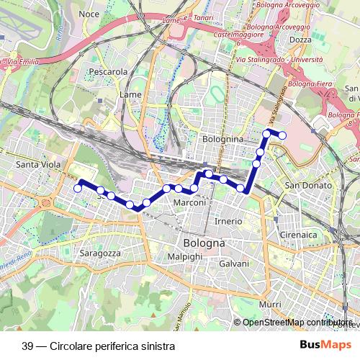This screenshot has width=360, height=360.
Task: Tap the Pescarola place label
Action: coord(108,72)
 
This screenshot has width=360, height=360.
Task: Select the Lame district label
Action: coord(131,94)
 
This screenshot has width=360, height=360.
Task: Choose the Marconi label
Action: coord(191,204)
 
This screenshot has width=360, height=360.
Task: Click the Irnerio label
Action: coord(228,220)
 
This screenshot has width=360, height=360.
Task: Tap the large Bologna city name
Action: coord(204,243)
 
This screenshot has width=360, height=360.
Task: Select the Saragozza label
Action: coord(99,254)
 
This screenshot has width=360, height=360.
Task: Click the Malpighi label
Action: coord(184,256)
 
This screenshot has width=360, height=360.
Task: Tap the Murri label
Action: coord(271,305)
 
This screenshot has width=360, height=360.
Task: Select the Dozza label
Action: coord(300,40)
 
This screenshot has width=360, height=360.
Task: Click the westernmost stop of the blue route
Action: coord(78,189)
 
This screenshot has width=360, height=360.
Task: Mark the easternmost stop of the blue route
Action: coord(282,135)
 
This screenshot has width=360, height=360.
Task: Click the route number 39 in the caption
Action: coord(28,345)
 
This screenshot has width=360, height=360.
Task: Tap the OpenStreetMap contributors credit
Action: coord(297,322)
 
